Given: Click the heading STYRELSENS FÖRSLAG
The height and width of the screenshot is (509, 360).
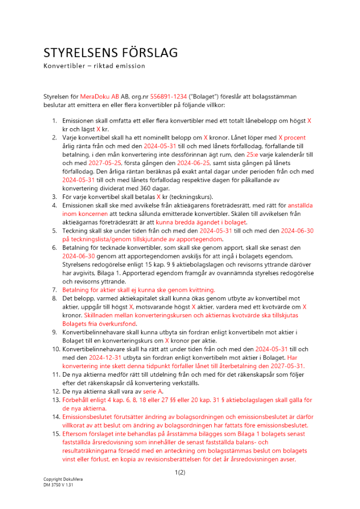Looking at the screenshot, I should (110, 53).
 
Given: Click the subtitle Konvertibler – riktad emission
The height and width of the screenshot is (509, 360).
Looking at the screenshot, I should (94, 66).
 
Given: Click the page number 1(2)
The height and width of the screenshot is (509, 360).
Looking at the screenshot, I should (180, 472).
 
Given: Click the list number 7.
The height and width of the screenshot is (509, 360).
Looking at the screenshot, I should (56, 290).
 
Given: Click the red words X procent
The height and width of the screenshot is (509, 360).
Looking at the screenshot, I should (292, 138).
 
